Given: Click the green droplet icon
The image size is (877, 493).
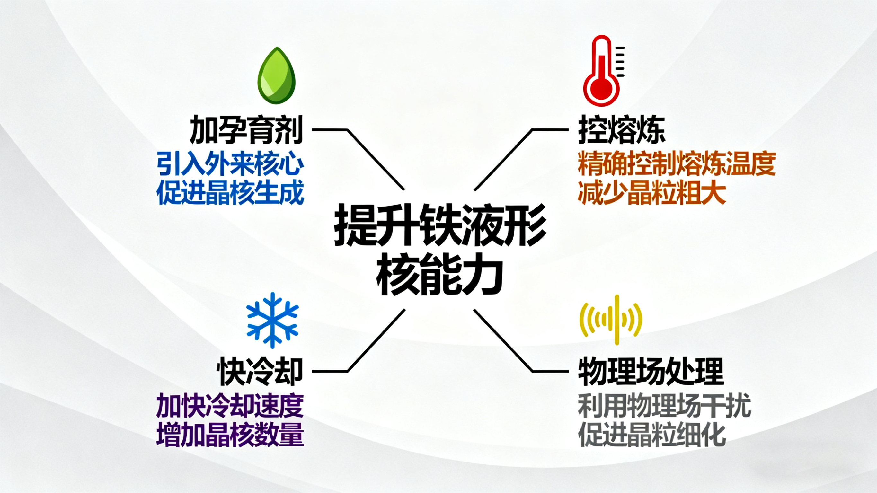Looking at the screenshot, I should [277, 75].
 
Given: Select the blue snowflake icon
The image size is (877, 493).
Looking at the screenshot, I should [272, 320].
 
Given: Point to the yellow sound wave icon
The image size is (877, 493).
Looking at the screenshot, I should [611, 320].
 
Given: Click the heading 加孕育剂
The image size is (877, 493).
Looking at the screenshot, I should [246, 130].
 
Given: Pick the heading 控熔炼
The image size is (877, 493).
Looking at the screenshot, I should [622, 131].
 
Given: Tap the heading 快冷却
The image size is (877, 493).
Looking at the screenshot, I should [260, 371].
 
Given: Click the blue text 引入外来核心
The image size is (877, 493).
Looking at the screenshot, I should [230, 164].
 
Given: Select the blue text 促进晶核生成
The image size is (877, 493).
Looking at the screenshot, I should [230, 193].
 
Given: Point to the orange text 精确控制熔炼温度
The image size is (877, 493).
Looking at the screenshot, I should [677, 164].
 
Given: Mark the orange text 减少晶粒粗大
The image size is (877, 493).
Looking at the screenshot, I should [651, 193].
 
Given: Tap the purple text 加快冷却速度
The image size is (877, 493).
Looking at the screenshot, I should [230, 406].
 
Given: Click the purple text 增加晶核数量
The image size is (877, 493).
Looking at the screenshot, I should [230, 435].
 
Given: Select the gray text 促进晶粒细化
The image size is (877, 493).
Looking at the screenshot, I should [651, 435].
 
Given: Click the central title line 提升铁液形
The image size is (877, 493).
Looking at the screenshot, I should [440, 225].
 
